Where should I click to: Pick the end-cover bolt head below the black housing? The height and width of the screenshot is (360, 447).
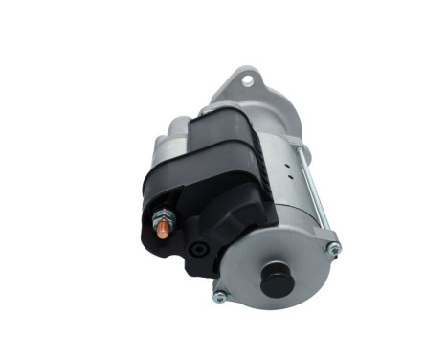pyautogui.click(x=221, y=295)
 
